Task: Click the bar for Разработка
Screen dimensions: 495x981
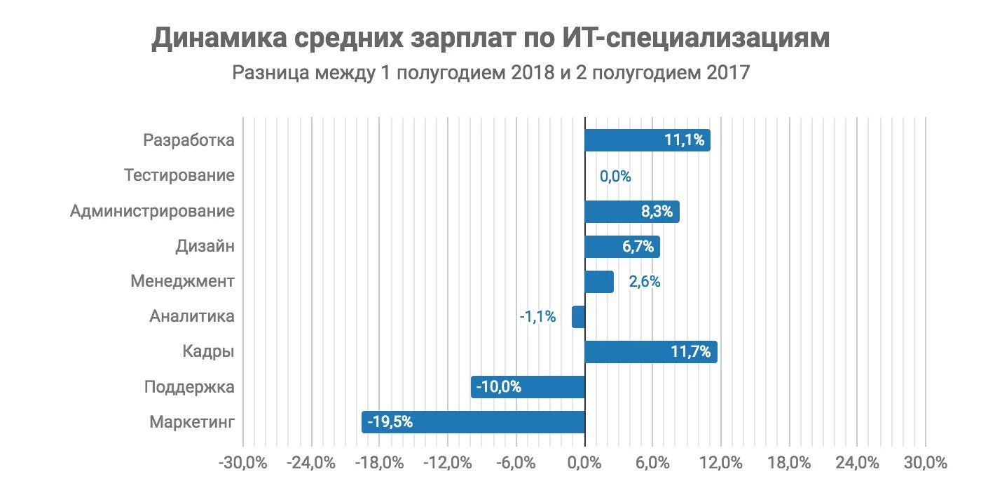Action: [x=647, y=140]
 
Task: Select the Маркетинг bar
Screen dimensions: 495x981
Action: [x=473, y=422]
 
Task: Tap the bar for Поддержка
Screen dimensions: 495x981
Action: [x=528, y=387]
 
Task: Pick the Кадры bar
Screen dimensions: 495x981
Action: [x=650, y=352]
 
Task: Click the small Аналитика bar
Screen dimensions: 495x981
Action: [x=578, y=317]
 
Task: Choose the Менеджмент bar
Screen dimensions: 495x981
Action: [x=599, y=282]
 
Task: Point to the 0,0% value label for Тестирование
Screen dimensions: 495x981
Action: [x=615, y=177]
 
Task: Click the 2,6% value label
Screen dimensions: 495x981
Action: [x=644, y=282]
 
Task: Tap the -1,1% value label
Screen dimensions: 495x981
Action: [x=537, y=317]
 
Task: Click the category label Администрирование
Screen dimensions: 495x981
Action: [x=152, y=211]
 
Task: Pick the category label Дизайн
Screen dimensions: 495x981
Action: [x=205, y=246]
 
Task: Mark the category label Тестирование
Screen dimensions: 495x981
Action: [x=179, y=175]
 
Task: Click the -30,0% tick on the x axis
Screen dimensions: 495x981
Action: [x=242, y=463]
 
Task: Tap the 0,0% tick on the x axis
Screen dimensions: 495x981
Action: [x=584, y=463]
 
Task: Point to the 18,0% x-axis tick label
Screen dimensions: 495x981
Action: [x=789, y=463]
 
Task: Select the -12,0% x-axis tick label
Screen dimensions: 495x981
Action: [x=448, y=463]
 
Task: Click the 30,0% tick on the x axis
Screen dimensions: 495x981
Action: [x=926, y=463]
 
